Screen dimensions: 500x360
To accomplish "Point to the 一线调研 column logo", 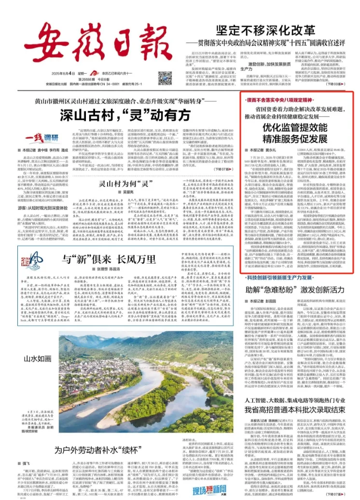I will (33, 137).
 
